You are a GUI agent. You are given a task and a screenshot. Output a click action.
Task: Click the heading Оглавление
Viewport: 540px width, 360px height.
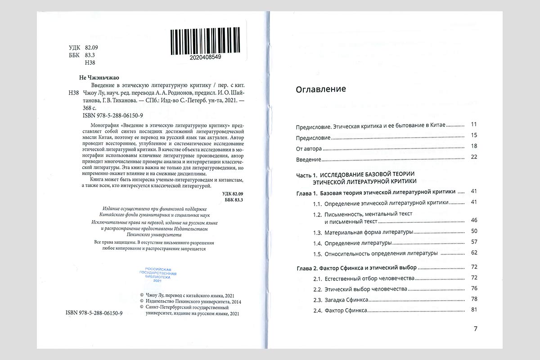[321, 89]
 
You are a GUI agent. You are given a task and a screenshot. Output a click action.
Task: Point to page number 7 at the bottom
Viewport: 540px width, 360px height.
[476, 328]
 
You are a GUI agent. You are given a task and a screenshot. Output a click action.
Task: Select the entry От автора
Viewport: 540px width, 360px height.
[309, 147]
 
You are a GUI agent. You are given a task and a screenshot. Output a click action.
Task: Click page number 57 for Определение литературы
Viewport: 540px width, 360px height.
[473, 242]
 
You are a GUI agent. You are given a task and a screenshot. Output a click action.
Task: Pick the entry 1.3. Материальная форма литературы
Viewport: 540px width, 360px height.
[363, 232]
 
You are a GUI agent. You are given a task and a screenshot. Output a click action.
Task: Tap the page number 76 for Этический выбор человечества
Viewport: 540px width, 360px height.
[473, 288]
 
